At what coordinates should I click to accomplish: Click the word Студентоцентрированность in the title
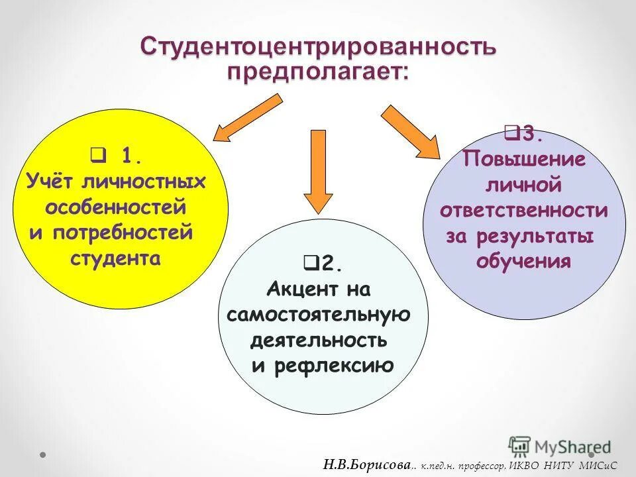[x=317, y=48]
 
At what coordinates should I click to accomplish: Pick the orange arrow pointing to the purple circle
[x=411, y=131]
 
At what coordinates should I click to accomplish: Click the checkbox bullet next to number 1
[x=96, y=156]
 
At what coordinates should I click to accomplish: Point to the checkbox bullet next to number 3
[x=511, y=133]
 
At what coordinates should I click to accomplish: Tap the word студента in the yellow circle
[x=115, y=258]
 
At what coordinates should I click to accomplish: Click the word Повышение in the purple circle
[x=523, y=160]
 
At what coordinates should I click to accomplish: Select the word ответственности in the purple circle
[x=523, y=211]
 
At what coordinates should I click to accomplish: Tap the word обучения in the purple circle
[x=523, y=261]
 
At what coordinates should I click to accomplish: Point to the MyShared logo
[x=560, y=446]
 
